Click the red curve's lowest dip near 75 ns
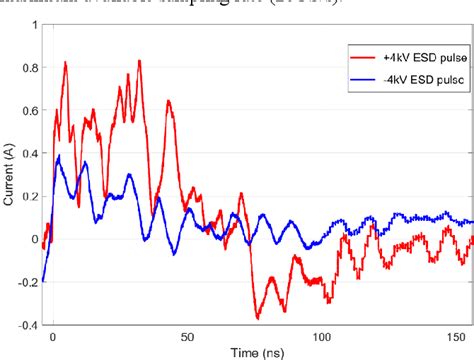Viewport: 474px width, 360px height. [x=258, y=318]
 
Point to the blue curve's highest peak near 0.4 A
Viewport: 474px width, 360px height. [x=59, y=156]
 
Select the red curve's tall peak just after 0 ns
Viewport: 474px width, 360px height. [x=65, y=62]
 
